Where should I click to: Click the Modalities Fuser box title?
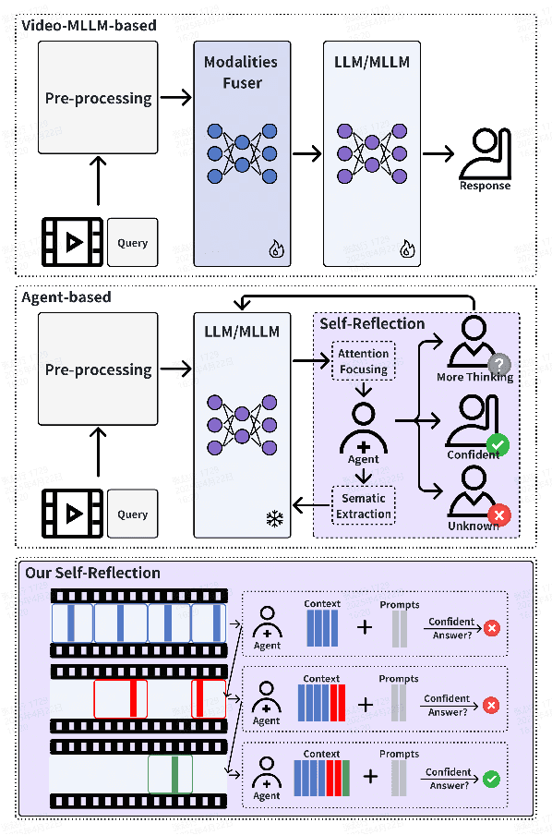coord(242,73)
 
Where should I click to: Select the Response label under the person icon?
coord(485,186)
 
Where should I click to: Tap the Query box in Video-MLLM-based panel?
coord(133,243)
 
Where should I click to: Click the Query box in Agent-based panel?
coord(133,514)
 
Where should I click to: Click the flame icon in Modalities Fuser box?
coord(274,248)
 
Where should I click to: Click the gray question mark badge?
coord(499,364)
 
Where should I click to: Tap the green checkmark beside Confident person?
coord(498,446)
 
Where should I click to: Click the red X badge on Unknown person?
coord(499,515)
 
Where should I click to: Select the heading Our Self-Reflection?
coord(92,574)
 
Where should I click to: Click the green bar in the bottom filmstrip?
coord(174,774)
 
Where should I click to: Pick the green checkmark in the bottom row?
coord(492,780)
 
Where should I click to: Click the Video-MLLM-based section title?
coord(89,26)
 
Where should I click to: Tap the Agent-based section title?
coord(66,297)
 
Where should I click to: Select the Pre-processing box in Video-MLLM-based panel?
coord(99,99)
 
